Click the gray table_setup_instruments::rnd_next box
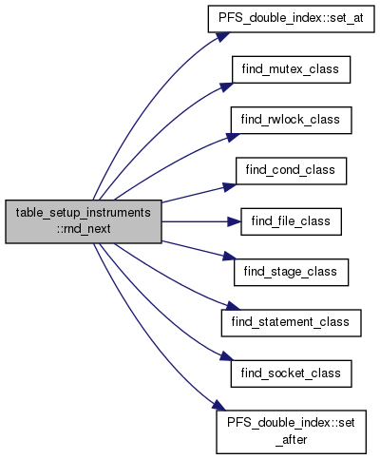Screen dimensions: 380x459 coord(84,221)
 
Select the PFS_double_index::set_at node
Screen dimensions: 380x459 coord(291,18)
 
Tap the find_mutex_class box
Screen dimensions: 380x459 coord(291,69)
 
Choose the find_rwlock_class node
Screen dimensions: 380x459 coord(291,121)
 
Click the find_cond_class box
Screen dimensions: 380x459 coord(291,171)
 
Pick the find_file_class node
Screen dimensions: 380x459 coord(291,221)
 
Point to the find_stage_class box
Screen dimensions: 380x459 coord(291,273)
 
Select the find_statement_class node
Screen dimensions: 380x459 coord(291,323)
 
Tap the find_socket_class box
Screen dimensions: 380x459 coord(291,373)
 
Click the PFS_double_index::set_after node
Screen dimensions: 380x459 coord(291,432)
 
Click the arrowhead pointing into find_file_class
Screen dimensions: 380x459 coord(235,221)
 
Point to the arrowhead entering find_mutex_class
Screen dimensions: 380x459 coord(226,86)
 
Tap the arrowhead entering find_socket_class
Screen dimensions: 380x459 coord(227,356)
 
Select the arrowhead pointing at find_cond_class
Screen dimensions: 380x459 coord(230,187)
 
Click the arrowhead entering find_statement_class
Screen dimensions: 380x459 coord(234,306)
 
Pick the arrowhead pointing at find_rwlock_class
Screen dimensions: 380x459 coord(233,137)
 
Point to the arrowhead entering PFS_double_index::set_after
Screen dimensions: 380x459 coord(219,406)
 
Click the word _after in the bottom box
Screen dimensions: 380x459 coord(291,440)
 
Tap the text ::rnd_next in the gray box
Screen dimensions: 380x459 coord(84,229)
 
